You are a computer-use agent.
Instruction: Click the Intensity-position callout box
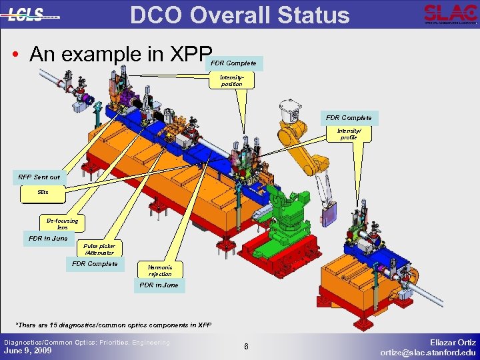tap(231, 81)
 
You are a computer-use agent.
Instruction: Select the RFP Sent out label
tap(39, 177)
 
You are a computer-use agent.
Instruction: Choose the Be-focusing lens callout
tap(62, 223)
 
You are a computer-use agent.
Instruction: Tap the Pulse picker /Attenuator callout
tap(99, 249)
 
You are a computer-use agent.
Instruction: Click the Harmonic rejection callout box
tap(160, 270)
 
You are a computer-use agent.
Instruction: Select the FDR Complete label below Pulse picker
tap(95, 264)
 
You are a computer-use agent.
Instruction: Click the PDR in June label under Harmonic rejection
tap(159, 285)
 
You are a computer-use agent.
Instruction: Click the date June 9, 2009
tap(28, 351)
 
